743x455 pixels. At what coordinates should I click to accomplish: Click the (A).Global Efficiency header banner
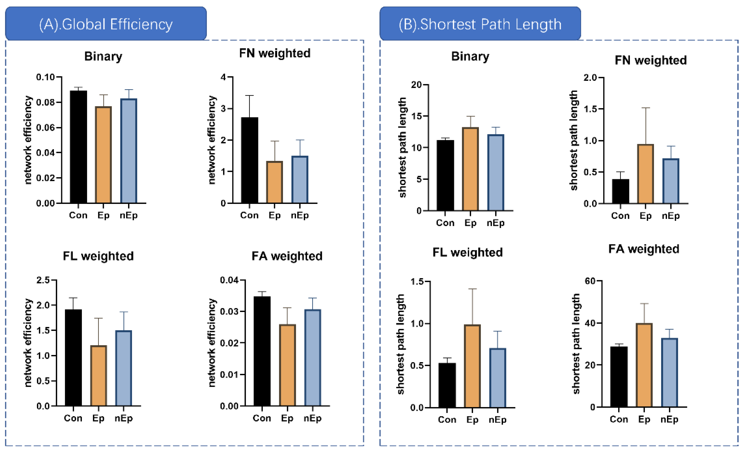click(x=106, y=24)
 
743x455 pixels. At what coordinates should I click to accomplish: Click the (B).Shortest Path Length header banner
click(x=480, y=24)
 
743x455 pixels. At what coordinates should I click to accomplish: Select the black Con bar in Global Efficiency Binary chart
click(x=78, y=147)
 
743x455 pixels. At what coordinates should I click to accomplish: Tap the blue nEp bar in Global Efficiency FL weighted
click(x=124, y=368)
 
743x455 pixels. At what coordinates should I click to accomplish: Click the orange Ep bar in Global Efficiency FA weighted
click(x=287, y=365)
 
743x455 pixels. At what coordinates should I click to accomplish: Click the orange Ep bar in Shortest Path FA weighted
click(x=644, y=365)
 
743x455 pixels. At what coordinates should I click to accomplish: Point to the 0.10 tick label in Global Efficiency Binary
click(x=46, y=77)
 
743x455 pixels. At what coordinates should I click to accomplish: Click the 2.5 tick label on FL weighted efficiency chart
click(x=43, y=280)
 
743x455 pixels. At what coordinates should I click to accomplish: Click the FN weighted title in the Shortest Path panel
click(x=651, y=60)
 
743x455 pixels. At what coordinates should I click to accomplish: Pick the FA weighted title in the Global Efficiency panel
click(x=287, y=256)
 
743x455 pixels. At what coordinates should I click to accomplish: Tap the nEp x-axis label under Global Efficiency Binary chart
click(x=129, y=215)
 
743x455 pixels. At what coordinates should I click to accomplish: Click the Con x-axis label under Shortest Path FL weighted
click(x=447, y=420)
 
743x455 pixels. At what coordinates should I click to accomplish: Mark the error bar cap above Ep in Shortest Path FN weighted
click(x=646, y=108)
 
